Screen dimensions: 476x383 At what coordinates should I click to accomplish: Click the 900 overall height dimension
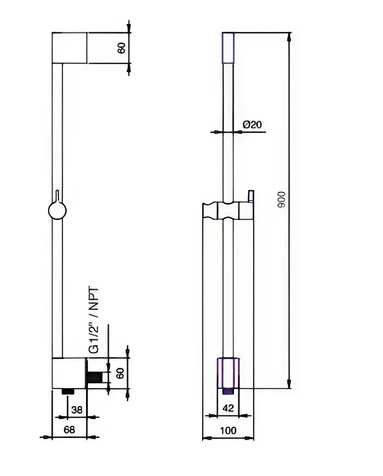(x=282, y=200)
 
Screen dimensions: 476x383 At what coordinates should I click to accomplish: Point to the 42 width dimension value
(x=228, y=408)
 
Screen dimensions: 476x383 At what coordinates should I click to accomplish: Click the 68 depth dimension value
(x=69, y=430)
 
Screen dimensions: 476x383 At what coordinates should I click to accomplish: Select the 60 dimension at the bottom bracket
(x=121, y=373)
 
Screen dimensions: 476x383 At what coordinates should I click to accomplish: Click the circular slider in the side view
(x=58, y=211)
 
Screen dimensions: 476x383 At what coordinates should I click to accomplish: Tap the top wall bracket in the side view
(x=69, y=47)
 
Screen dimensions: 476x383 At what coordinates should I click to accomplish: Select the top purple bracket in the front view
(x=228, y=47)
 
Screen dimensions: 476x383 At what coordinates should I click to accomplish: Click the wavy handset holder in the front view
(x=228, y=211)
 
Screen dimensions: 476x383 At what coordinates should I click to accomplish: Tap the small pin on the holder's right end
(x=250, y=195)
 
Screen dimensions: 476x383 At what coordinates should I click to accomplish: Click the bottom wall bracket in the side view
(x=69, y=373)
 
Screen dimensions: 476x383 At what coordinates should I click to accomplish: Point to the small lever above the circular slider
(x=58, y=195)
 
